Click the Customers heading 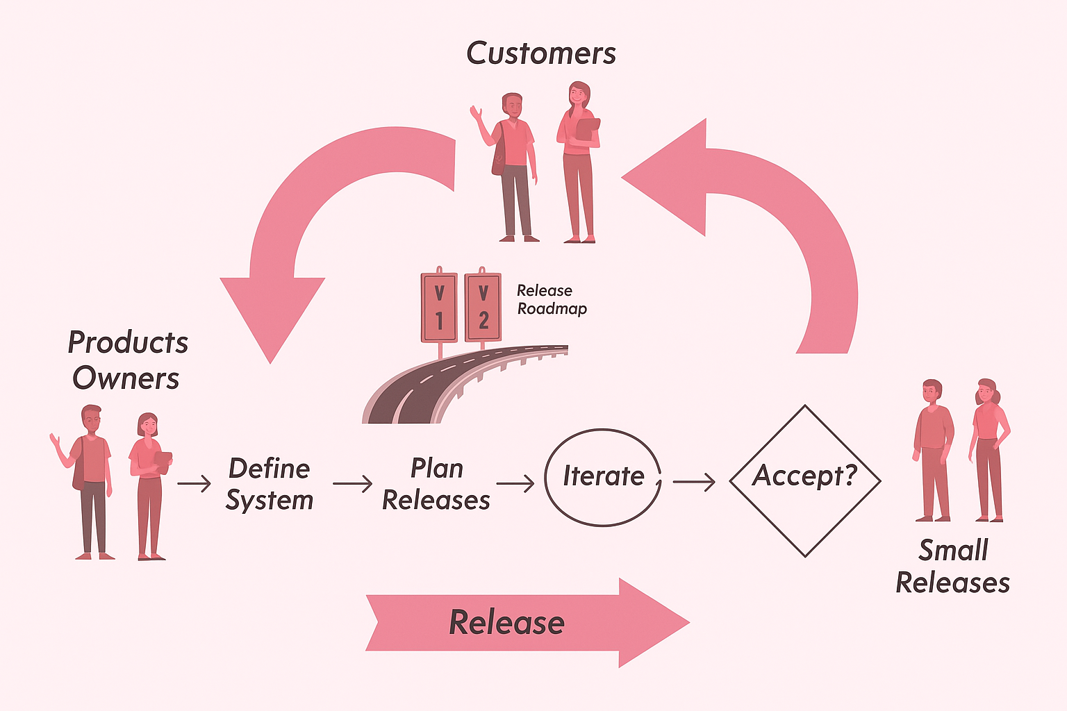tap(540, 53)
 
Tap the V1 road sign tap(439, 307)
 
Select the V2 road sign tap(483, 307)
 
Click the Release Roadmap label tap(552, 299)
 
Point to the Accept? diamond tap(805, 480)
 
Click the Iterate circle tap(603, 477)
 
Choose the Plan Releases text tap(436, 484)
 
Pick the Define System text tap(270, 484)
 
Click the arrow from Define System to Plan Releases tap(353, 483)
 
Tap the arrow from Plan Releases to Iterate tap(515, 483)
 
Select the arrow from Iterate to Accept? tap(694, 481)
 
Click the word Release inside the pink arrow tap(507, 622)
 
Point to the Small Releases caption tap(953, 567)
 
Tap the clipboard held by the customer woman tap(588, 129)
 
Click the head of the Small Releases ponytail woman tap(986, 392)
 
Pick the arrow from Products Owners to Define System tap(194, 483)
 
